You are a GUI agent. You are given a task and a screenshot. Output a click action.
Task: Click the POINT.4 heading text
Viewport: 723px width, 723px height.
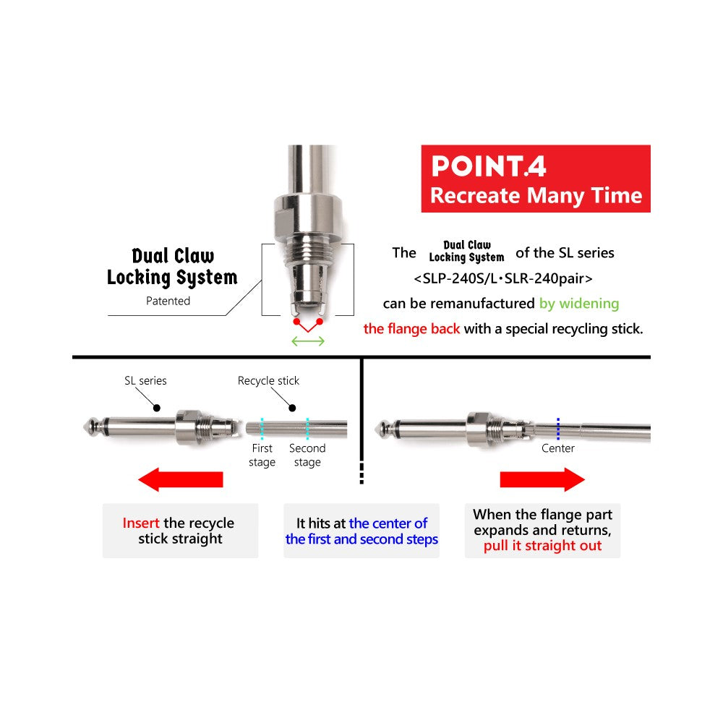click(x=488, y=166)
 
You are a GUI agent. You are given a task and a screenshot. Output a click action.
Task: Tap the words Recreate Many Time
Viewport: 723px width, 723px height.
click(x=536, y=195)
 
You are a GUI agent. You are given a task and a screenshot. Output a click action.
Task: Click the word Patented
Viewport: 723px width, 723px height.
click(x=168, y=301)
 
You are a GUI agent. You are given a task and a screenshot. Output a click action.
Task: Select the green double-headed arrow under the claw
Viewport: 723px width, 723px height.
click(x=307, y=341)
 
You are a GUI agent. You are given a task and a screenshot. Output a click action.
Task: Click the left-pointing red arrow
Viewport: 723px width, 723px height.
click(x=180, y=479)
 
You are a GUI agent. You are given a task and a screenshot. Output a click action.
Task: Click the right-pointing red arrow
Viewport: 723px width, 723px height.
click(x=542, y=479)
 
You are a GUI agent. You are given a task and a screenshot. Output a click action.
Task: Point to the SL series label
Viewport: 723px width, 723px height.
click(x=145, y=380)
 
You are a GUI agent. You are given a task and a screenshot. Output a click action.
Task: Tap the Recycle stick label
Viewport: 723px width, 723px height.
click(x=268, y=380)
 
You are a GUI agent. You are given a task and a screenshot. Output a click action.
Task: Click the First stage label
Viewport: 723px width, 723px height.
click(x=262, y=455)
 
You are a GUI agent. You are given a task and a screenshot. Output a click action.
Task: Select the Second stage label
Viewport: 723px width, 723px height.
click(x=307, y=455)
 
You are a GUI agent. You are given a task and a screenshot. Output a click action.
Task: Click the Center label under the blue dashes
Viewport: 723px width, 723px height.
click(x=558, y=448)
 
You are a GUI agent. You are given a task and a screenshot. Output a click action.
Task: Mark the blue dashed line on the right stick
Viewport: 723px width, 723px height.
click(x=558, y=428)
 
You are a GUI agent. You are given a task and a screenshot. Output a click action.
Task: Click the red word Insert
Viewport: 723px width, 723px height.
click(x=141, y=523)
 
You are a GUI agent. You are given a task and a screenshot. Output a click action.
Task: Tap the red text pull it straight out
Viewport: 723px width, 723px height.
click(x=542, y=546)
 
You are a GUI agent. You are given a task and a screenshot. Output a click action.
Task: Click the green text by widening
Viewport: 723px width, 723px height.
click(x=579, y=304)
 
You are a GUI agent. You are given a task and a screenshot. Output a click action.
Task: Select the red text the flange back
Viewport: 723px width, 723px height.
click(x=411, y=329)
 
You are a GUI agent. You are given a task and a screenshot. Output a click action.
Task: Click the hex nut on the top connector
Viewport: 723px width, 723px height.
click(x=307, y=215)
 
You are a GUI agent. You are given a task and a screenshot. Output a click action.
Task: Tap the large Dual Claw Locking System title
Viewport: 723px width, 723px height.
click(x=172, y=266)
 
